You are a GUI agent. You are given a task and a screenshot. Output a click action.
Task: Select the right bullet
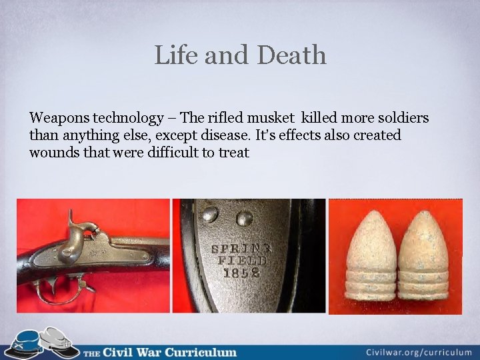pyautogui.click(x=425, y=257)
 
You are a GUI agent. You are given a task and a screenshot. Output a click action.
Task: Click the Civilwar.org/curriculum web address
pyautogui.click(x=419, y=352)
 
